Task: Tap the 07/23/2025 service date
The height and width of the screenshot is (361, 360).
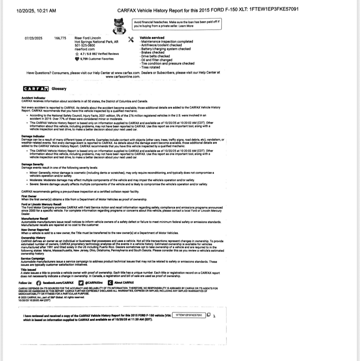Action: (x=33, y=38)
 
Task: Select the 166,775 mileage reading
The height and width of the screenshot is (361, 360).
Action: (x=60, y=38)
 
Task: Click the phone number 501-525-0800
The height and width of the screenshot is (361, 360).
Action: (x=85, y=46)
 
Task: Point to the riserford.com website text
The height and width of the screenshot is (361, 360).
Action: (x=84, y=49)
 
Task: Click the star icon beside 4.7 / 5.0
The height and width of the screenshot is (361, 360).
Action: (x=77, y=54)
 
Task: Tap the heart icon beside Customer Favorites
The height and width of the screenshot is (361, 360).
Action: (x=77, y=59)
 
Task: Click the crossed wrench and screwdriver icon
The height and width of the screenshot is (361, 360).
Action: (x=131, y=39)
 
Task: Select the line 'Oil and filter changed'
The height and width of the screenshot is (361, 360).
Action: (x=156, y=60)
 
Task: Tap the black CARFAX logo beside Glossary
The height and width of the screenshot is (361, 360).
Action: (x=36, y=89)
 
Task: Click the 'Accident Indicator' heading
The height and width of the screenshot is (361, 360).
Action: (x=33, y=98)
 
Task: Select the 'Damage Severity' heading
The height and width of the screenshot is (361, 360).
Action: (x=32, y=164)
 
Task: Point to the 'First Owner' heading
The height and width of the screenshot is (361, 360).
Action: (x=29, y=196)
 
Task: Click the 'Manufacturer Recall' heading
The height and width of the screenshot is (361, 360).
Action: (x=34, y=219)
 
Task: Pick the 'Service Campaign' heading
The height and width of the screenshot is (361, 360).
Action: (x=33, y=259)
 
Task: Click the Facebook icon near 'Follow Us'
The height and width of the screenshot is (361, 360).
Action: (x=39, y=283)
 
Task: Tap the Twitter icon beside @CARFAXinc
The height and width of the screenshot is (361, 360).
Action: (x=81, y=283)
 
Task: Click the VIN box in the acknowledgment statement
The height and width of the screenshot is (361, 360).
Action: (x=189, y=315)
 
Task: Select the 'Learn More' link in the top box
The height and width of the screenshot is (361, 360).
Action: (x=186, y=26)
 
